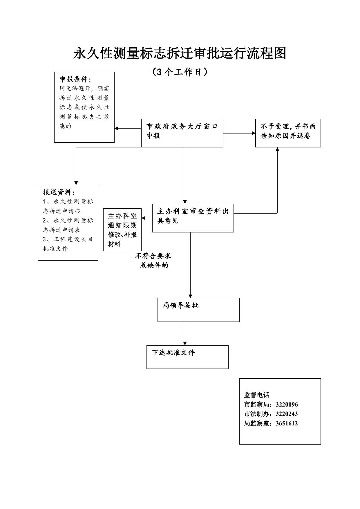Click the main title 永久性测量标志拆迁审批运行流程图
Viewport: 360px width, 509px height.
[180, 53]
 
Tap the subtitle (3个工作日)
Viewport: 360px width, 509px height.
[180, 72]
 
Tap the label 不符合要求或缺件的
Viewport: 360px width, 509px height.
[153, 261]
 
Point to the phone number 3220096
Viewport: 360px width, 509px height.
[287, 405]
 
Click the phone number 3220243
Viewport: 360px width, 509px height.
[287, 414]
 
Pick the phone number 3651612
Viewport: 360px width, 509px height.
[287, 423]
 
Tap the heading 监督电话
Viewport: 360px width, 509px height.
[257, 395]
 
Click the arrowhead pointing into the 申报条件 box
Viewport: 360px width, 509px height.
[116, 128]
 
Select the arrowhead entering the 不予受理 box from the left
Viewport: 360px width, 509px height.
[253, 133]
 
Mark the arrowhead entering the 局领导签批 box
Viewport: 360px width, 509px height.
[190, 296]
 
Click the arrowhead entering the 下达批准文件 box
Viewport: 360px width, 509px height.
[185, 343]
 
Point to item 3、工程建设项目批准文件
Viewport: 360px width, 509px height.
[68, 244]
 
